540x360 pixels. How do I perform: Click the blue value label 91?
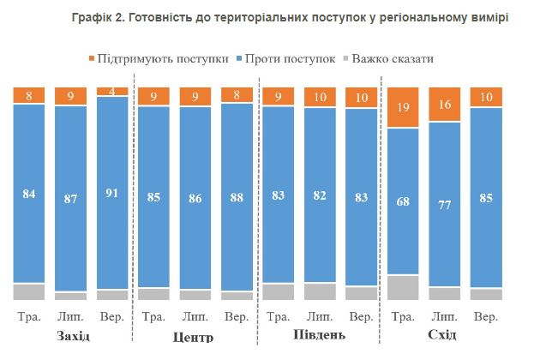coord(111,193)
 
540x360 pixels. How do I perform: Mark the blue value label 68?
coord(403,202)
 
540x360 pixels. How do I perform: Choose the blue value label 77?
coord(444,204)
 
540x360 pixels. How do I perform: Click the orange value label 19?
coord(403,107)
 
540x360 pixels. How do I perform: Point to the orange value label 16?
coord(444,105)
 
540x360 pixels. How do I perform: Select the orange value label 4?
coord(111,91)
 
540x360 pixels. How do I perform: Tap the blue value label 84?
coord(29,195)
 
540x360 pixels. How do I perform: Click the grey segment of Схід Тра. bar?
coord(403,287)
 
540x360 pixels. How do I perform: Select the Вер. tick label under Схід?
coord(485,316)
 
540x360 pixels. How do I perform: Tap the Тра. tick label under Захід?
coord(29,316)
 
